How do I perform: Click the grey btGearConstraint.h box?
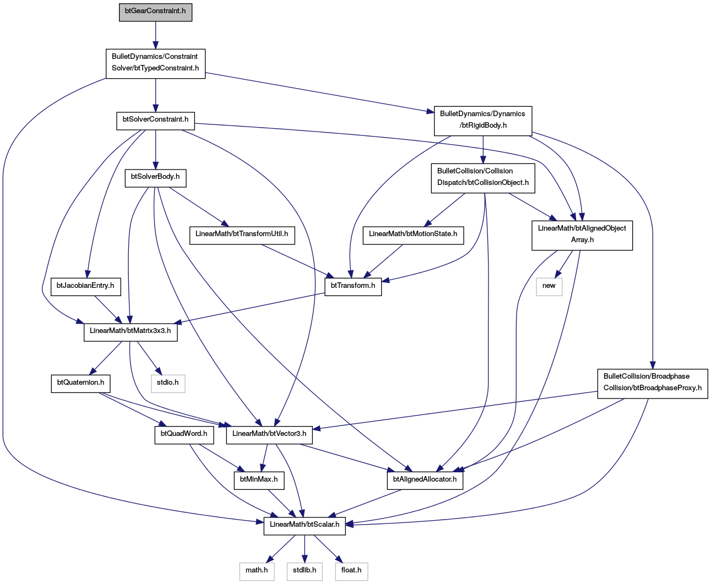click(x=155, y=13)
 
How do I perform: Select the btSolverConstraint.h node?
click(x=155, y=121)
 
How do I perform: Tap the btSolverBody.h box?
click(x=155, y=178)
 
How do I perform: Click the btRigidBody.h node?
click(x=483, y=121)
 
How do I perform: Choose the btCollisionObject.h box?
click(x=483, y=178)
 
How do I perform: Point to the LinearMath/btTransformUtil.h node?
click(x=242, y=236)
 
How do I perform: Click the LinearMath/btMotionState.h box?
click(x=413, y=236)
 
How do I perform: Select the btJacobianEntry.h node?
click(x=85, y=287)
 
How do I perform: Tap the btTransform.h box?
click(x=353, y=287)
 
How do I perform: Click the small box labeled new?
click(x=549, y=287)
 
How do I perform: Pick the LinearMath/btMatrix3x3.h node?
click(x=131, y=332)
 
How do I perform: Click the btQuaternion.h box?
click(x=80, y=384)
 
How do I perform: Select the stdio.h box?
click(x=168, y=384)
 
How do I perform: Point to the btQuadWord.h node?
click(x=184, y=435)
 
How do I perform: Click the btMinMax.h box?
click(x=259, y=481)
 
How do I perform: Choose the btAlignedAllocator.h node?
click(x=425, y=481)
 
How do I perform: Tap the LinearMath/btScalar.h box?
click(x=305, y=526)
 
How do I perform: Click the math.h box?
click(x=257, y=571)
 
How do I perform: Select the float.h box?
click(x=351, y=571)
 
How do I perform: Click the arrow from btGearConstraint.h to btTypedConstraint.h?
click(x=155, y=35)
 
